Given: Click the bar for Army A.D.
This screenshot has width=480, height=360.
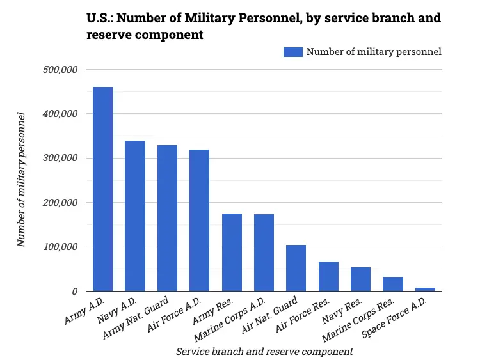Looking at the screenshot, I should pos(102,189).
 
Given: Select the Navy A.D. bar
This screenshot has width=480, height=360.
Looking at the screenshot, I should pos(134,216).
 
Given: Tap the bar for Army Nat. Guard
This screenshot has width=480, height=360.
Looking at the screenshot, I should pos(167,218).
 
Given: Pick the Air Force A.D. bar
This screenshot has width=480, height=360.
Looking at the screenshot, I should pos(199,221).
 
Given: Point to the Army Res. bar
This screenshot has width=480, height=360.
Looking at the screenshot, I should pos(232,253).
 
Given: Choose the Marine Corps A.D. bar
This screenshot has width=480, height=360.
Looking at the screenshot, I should pos(264,253).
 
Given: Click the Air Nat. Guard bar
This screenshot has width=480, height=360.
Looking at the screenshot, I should pos(296,268).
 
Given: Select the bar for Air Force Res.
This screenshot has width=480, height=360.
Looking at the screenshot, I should pos(328,276).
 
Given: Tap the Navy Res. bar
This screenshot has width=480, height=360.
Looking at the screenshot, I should pos(360,279).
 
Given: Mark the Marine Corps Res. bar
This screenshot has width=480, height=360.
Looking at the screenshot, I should pos(393,284).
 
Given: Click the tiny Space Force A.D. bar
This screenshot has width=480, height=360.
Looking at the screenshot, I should pos(425,289).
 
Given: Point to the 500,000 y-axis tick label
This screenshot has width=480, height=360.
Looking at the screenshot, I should pos(58,69).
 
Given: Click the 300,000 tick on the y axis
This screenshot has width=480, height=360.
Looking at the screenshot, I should pos(58,158).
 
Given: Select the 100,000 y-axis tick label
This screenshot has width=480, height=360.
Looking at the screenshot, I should pos(58,247).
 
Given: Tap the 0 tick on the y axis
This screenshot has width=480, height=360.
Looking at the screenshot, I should pos(75,291).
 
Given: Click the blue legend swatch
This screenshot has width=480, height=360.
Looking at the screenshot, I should pos(292,52).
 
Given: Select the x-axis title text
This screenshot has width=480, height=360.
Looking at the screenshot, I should pos(264,351).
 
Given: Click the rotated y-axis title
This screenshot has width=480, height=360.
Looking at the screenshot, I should pos(22,179).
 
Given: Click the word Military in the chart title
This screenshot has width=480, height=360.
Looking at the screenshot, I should pos(216,18).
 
